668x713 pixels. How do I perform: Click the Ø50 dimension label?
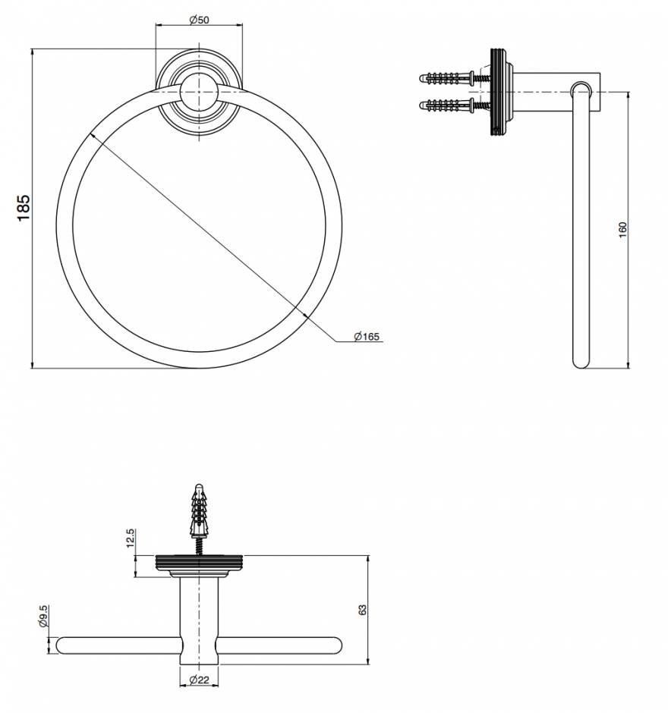199,20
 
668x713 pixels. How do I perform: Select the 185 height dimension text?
24,208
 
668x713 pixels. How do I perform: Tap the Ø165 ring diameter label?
367,337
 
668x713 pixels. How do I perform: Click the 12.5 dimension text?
130,538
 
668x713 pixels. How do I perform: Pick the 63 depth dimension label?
362,610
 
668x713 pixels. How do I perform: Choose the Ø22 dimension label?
199,680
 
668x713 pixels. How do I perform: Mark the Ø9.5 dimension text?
44,616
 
